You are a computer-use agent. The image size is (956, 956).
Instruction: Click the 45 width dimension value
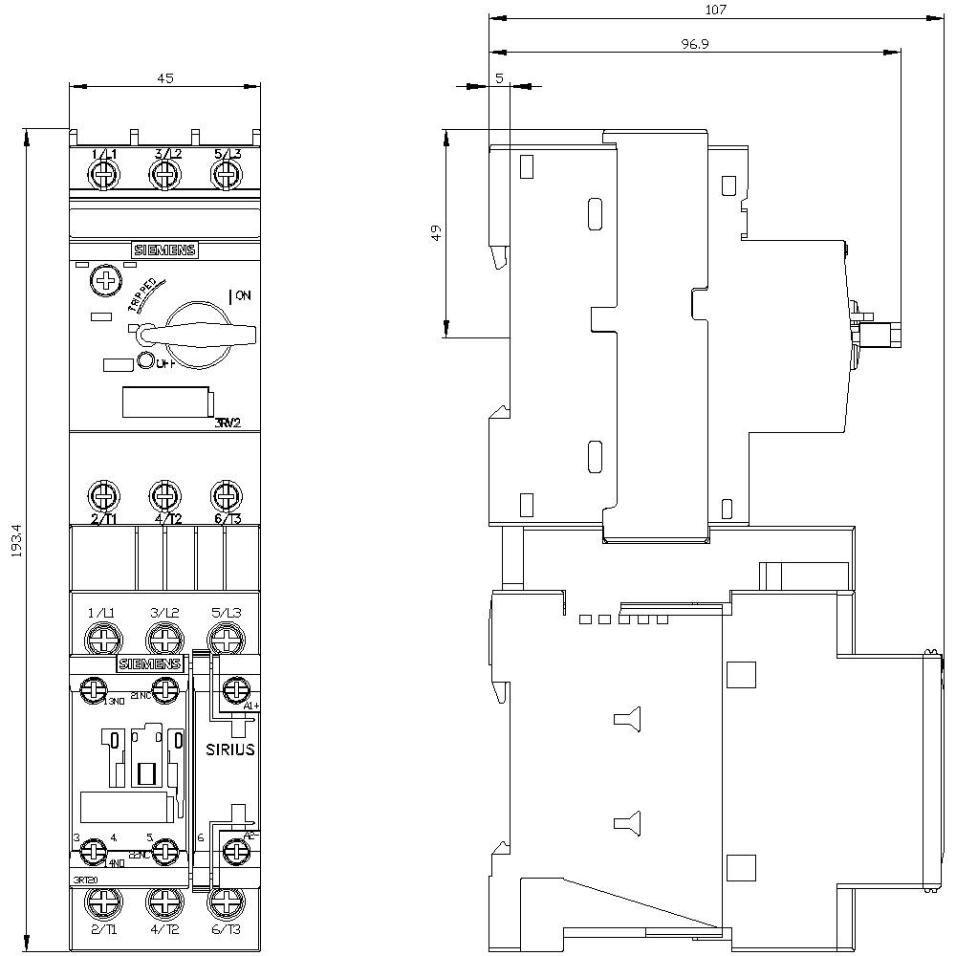pos(164,79)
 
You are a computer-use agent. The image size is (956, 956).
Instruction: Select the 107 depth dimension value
pos(716,10)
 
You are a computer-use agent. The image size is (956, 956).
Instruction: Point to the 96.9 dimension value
pos(694,44)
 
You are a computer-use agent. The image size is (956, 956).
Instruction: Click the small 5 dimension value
pos(499,78)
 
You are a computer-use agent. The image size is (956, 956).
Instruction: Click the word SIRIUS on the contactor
pos(230,750)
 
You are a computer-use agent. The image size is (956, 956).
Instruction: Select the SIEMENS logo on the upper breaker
pos(163,250)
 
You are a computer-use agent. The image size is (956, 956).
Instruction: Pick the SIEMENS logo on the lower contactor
pos(149,664)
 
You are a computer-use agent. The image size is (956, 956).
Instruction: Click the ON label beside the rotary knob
pos(242,296)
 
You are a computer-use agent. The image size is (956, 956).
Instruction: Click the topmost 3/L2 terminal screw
pos(164,175)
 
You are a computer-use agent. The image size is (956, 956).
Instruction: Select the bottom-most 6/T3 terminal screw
pos(225,902)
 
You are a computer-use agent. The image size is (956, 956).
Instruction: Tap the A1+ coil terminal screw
pos(234,689)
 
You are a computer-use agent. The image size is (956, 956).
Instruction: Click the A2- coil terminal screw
pos(234,849)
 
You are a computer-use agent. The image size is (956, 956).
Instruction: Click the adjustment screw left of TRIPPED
pos(101,281)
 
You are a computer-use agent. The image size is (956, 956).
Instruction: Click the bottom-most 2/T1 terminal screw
pos(101,902)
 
